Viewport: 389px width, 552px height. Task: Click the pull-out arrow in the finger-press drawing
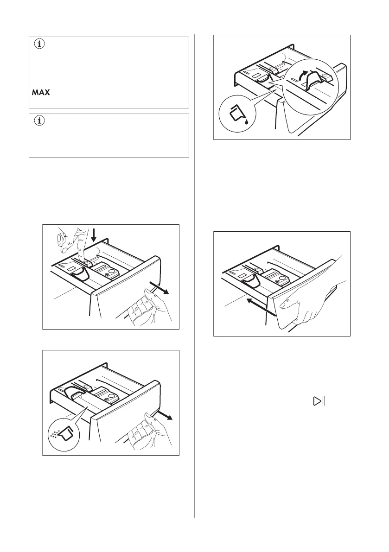tap(162, 289)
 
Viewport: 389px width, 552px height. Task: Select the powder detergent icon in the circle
tap(62, 434)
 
